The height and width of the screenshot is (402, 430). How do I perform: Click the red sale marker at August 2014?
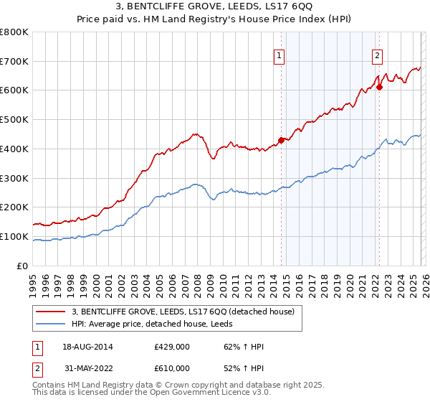tap(281, 140)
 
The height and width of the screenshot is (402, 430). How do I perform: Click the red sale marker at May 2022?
tap(380, 88)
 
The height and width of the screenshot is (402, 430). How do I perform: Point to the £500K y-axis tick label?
tap(14, 119)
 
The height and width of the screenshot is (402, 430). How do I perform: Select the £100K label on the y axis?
tap(14, 236)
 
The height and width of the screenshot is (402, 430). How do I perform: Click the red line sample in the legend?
tap(50, 312)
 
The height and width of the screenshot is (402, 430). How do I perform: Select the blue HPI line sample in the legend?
tap(50, 324)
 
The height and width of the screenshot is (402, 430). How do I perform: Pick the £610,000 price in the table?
tap(172, 368)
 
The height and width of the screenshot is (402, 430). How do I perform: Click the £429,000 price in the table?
tap(172, 347)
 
